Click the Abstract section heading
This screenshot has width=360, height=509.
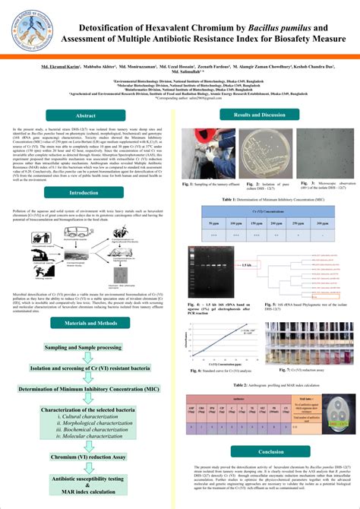pos(85,116)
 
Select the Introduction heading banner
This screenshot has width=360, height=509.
pos(84,193)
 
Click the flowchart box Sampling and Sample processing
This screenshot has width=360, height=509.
pos(85,347)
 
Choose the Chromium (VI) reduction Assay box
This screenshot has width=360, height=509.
pos(85,458)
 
